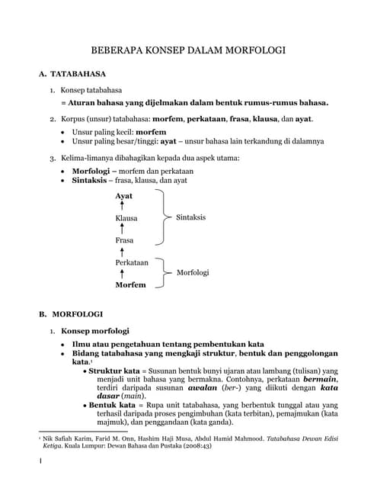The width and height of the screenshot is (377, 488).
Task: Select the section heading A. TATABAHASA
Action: [74, 76]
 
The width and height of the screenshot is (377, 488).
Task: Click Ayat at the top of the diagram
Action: [123, 196]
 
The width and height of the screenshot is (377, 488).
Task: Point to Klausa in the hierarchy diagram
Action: [126, 218]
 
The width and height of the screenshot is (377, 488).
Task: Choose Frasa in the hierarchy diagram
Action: [124, 240]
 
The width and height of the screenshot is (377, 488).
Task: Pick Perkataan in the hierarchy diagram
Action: [131, 262]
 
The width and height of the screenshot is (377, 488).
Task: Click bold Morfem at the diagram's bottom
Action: [129, 284]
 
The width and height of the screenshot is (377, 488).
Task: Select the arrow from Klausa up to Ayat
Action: [122, 207]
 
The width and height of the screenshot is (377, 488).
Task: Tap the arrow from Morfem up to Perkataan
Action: [122, 273]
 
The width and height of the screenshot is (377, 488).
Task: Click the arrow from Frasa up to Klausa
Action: [122, 229]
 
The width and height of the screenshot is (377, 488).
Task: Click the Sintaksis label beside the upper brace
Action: [190, 217]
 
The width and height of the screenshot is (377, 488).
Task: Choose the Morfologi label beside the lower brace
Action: [193, 272]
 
